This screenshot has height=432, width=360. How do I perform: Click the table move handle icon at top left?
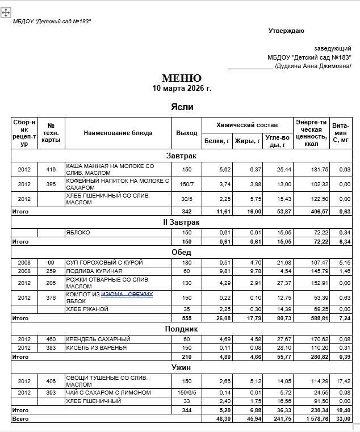(x=6, y=12)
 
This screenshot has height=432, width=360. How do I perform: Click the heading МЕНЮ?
(x=182, y=78)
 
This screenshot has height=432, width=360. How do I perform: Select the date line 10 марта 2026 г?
(x=182, y=89)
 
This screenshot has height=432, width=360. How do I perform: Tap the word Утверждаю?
(x=286, y=31)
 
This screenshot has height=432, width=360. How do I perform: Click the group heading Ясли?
(x=182, y=107)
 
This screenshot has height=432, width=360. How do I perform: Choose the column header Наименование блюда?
(x=118, y=133)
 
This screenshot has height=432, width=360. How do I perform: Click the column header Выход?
(x=186, y=133)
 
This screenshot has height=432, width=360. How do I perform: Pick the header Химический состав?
(x=247, y=125)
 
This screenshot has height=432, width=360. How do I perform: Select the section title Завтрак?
(x=182, y=156)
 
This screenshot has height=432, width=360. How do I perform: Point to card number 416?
(x=51, y=169)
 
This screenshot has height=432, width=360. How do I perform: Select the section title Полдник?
(x=182, y=329)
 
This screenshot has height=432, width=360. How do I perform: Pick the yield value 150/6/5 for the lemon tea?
(x=186, y=393)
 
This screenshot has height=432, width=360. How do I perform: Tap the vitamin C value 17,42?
(x=343, y=381)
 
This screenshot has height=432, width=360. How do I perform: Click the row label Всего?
(x=20, y=419)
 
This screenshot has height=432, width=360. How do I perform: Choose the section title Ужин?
(x=182, y=368)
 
